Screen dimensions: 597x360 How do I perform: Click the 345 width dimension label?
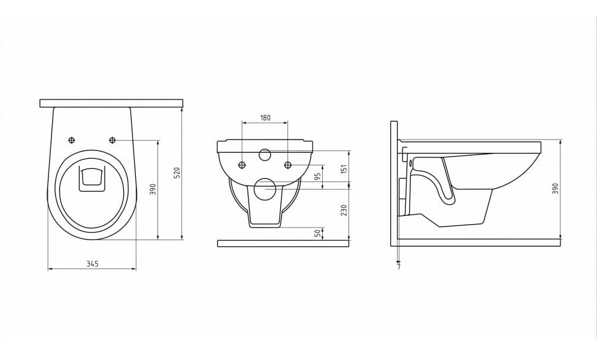point(92,264)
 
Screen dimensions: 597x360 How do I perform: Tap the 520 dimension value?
point(177,173)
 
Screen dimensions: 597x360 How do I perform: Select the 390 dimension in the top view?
point(153,189)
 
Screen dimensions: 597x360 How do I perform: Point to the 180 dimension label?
point(265,118)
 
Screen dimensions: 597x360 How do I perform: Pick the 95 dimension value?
point(317,176)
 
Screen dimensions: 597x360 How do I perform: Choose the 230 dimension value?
point(344,210)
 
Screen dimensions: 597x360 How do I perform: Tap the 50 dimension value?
point(317,233)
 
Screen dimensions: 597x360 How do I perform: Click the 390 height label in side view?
point(554,189)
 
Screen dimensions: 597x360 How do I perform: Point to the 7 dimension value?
point(399,267)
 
